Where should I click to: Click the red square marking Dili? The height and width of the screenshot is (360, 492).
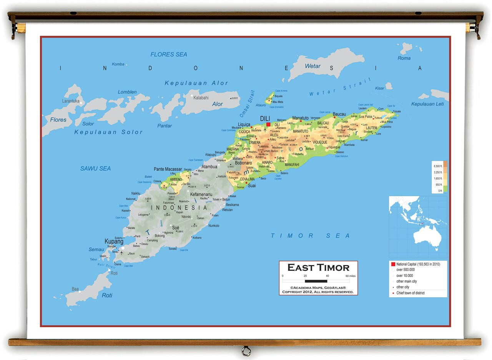pos(268,124)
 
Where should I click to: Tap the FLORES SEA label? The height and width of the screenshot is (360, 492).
pos(169,55)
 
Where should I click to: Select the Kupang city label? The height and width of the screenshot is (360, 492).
pos(114,242)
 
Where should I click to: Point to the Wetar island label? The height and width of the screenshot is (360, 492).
pos(312,66)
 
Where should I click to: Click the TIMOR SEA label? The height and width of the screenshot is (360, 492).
pos(311,236)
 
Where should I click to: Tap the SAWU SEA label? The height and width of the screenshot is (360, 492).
pos(95,168)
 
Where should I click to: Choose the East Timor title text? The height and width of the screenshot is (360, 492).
pos(318,268)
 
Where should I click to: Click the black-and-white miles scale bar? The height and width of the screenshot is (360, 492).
pos(316,281)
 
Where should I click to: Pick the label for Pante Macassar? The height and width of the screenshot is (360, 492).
pos(168,169)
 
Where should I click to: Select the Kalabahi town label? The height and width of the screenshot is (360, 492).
pos(201,98)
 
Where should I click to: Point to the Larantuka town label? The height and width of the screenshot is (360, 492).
pos(71,101)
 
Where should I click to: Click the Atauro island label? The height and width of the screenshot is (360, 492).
pos(261,105)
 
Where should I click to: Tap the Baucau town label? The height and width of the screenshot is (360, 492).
pos(339,114)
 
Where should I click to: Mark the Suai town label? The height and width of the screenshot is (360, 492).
pos(252,185)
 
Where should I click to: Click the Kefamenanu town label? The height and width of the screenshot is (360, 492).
pos(201,195)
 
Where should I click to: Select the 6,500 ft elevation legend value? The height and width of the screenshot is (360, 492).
pos(438,166)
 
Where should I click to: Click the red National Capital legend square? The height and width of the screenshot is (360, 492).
pos(393,264)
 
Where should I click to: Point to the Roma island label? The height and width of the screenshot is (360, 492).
pos(404,58)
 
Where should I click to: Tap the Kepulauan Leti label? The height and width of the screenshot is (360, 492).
pos(427,104)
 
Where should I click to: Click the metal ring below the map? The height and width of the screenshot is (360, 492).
pos(246,351)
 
